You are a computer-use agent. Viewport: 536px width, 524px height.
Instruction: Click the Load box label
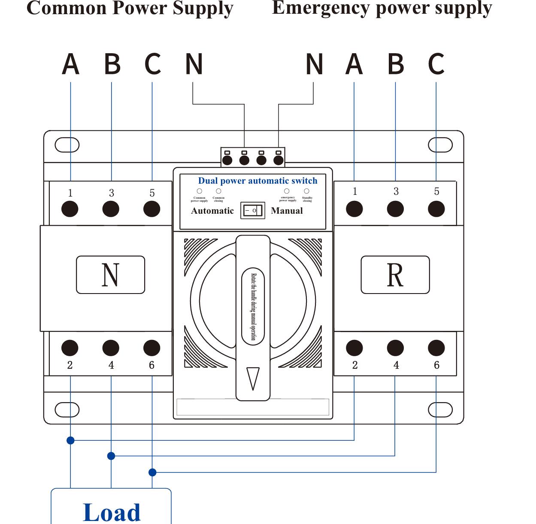pyautogui.click(x=112, y=512)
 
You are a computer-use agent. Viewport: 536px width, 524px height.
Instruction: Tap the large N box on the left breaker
pyautogui.click(x=110, y=275)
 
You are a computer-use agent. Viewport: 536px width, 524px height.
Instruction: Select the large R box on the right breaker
pyautogui.click(x=395, y=275)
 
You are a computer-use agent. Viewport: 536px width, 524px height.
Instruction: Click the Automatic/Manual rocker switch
pyautogui.click(x=253, y=211)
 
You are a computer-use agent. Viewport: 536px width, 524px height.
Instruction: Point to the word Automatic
pyautogui.click(x=212, y=211)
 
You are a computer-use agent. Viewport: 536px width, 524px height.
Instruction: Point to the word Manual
pyautogui.click(x=287, y=211)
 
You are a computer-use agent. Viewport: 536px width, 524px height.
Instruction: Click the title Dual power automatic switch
pyautogui.click(x=257, y=181)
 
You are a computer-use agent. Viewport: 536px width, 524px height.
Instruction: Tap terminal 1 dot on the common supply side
pyautogui.click(x=70, y=209)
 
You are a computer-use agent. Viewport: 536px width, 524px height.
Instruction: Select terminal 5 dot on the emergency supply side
pyautogui.click(x=436, y=209)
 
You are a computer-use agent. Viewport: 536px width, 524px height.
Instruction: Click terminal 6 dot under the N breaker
pyautogui.click(x=151, y=348)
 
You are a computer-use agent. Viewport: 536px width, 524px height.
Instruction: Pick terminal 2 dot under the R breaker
pyautogui.click(x=354, y=348)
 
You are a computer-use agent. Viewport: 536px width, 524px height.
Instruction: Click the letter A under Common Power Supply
pyautogui.click(x=71, y=64)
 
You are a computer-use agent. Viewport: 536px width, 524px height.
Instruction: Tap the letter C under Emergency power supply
pyautogui.click(x=436, y=64)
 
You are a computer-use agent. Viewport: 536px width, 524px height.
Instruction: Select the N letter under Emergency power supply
pyautogui.click(x=314, y=64)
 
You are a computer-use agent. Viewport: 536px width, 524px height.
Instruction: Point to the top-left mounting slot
pyautogui.click(x=67, y=145)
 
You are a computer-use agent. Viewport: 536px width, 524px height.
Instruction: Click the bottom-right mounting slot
pyautogui.click(x=440, y=410)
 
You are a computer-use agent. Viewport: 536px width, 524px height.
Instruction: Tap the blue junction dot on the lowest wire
pyautogui.click(x=152, y=473)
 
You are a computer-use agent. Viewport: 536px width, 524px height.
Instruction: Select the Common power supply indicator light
pyautogui.click(x=200, y=191)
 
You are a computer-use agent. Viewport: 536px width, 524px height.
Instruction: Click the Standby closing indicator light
pyautogui.click(x=306, y=191)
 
